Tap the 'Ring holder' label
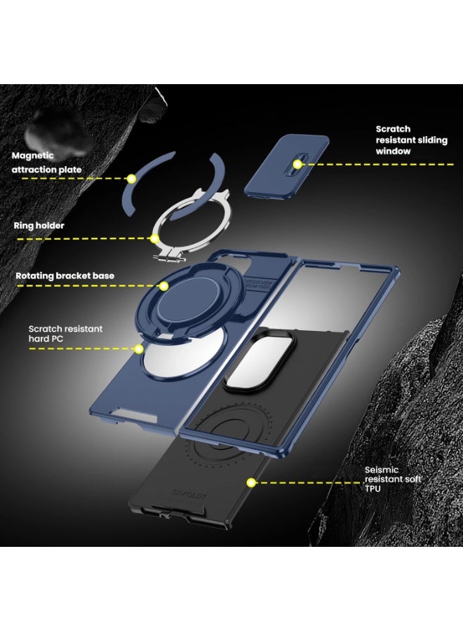coord(39,226)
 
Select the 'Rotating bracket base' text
coord(65,276)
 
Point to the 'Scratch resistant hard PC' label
coord(65,334)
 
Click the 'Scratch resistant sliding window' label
coord(411,140)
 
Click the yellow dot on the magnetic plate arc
coord(130,179)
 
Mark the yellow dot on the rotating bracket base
coord(163,286)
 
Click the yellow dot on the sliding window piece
coord(297,164)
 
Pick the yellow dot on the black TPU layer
coord(249,482)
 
